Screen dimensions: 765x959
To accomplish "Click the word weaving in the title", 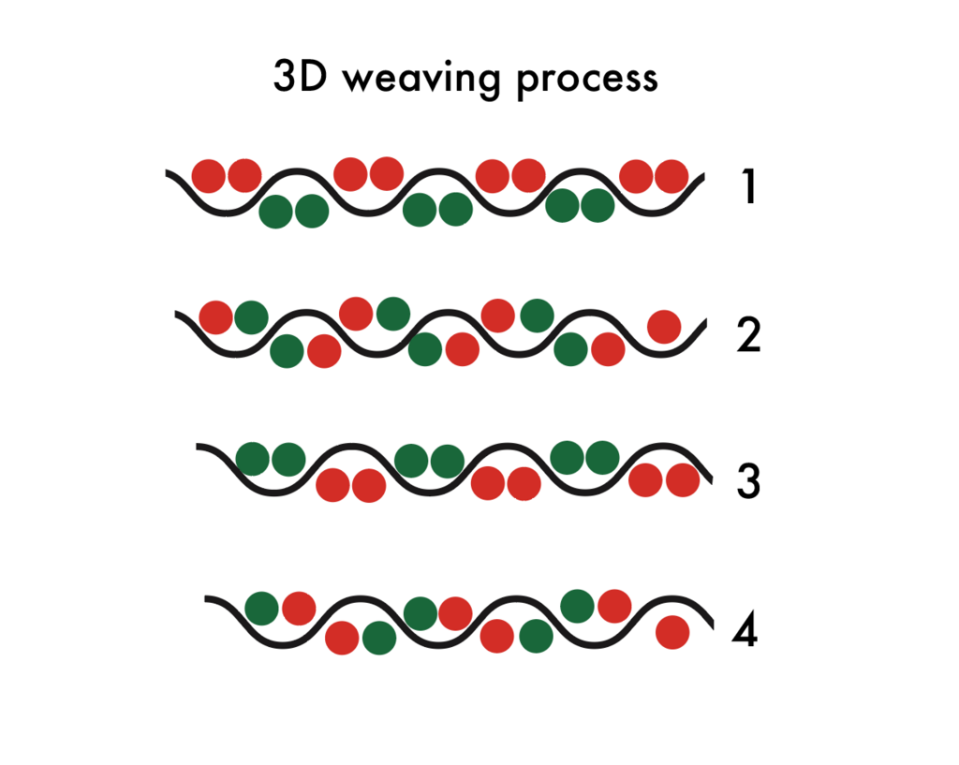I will [422, 80].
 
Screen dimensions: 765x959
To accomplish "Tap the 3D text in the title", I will [302, 78].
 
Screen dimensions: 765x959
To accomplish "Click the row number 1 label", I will [746, 188].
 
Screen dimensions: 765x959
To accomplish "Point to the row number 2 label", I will [748, 335].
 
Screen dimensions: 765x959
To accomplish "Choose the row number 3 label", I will [747, 481].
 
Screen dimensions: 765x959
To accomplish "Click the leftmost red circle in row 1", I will [208, 175].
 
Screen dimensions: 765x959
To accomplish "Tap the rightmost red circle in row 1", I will [671, 175].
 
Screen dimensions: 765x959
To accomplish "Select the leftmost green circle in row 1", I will [275, 212].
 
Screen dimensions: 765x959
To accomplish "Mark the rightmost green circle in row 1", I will [598, 206].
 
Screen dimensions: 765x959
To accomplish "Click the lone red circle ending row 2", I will [664, 327].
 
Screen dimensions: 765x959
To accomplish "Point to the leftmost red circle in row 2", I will [216, 317].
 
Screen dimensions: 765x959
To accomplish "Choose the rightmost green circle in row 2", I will [571, 350].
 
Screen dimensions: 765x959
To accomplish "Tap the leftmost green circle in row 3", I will [253, 459].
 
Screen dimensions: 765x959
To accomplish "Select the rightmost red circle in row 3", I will [683, 479].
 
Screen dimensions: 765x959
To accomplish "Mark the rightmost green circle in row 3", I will [602, 457].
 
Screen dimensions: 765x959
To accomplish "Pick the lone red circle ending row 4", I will [672, 632].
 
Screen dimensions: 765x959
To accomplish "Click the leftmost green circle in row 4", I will [262, 609].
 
